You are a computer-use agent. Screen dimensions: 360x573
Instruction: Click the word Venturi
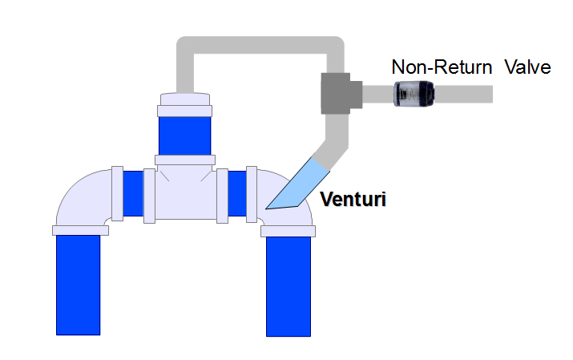[x=353, y=200]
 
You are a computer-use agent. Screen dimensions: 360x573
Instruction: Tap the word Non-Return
[x=442, y=67]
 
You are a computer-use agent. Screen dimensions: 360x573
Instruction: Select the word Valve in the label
[x=527, y=67]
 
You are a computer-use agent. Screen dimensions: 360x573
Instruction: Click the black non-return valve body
[x=414, y=95]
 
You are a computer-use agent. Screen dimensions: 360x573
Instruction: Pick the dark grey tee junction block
[x=338, y=95]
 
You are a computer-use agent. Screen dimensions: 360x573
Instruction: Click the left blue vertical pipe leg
[x=78, y=284]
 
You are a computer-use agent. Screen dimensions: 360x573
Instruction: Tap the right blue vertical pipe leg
[x=288, y=285]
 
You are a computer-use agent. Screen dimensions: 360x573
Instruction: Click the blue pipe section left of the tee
[x=133, y=193]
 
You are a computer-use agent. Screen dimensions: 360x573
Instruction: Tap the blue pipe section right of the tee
[x=237, y=193]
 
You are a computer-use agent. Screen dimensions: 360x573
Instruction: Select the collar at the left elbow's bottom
[x=80, y=230]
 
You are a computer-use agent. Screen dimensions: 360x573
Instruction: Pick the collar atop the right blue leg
[x=289, y=231]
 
